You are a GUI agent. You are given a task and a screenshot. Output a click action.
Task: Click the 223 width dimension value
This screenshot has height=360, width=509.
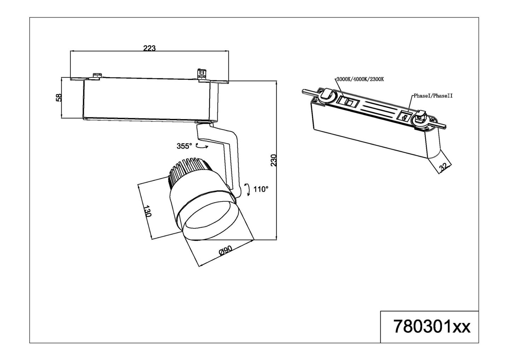(x=149, y=48)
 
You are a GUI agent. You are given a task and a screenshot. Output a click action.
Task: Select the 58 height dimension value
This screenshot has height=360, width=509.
(x=59, y=97)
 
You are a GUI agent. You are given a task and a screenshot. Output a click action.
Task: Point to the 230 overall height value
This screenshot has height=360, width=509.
(x=273, y=160)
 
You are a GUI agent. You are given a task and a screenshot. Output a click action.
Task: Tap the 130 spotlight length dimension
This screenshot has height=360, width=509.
(x=147, y=211)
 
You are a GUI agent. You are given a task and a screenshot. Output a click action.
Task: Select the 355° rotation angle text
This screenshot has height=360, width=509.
(x=184, y=146)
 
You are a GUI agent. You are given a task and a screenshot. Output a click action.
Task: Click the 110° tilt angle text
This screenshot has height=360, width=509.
(x=261, y=189)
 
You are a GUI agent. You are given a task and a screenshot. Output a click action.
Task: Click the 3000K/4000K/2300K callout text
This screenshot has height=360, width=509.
(x=360, y=79)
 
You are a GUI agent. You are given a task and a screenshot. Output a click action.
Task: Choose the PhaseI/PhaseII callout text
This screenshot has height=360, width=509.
(x=433, y=96)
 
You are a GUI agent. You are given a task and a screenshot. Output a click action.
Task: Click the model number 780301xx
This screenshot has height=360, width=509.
(x=432, y=326)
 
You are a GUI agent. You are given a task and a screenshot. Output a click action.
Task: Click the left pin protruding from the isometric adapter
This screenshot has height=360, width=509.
(x=308, y=92)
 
